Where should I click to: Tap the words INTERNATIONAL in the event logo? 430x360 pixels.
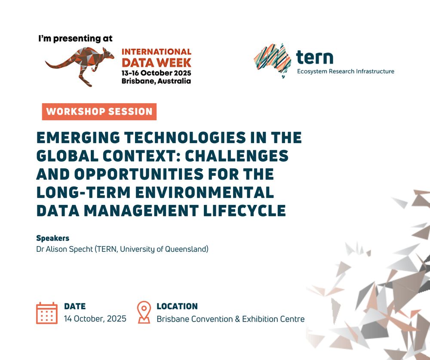[157, 52]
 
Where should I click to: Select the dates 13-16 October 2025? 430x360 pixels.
[157, 73]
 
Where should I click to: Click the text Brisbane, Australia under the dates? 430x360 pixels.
[156, 81]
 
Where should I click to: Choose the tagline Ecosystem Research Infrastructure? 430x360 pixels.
[346, 71]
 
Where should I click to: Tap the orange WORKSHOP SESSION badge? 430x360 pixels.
[99, 112]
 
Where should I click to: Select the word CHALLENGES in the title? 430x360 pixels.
[236, 156]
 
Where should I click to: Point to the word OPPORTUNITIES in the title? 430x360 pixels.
[139, 174]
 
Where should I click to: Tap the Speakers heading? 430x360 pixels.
[52, 238]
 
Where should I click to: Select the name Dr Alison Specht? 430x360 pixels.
[64, 249]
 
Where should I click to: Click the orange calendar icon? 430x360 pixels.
[47, 313]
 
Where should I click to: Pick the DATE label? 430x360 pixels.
[75, 306]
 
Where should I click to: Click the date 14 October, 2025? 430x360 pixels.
[95, 319]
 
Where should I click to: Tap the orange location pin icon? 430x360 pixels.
[144, 312]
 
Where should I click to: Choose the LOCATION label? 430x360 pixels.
[177, 306]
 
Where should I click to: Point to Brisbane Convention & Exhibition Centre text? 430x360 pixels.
[230, 319]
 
